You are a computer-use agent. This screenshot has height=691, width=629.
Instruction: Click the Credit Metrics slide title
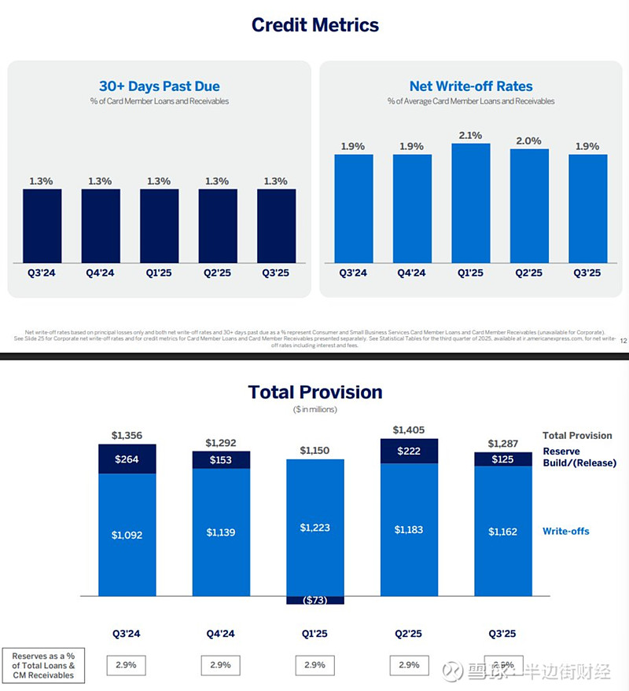point(314,24)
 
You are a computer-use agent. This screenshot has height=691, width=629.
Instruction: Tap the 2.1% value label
point(470,135)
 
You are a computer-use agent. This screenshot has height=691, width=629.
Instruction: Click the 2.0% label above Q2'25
point(528,141)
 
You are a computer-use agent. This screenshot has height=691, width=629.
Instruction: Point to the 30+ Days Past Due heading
point(159,86)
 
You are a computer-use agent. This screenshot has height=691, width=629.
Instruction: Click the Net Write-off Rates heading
point(470,86)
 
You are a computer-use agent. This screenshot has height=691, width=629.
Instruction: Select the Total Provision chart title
point(314,392)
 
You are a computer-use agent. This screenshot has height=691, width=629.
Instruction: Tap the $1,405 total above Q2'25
point(409,430)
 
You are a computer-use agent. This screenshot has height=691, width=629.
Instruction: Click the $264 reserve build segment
point(127,459)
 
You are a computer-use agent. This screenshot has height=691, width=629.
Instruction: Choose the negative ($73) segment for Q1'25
point(314,600)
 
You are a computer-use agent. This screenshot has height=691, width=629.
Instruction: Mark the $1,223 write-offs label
point(314,528)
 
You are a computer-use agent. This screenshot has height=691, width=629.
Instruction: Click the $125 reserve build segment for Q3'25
point(503,459)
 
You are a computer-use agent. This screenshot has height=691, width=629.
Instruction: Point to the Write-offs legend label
point(565,532)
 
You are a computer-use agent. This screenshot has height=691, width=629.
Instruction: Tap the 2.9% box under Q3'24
point(127,665)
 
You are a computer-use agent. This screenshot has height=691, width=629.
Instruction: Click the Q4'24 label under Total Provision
point(221,634)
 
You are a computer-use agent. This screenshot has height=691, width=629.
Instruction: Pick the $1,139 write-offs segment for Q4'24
point(221,532)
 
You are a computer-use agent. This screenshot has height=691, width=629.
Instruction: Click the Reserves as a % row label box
point(44,665)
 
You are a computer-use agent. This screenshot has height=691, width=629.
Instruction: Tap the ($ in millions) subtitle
point(314,410)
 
